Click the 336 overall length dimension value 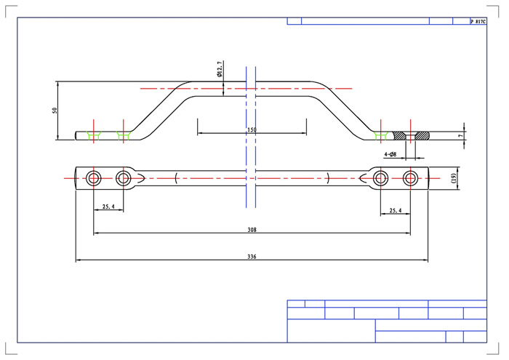(252, 257)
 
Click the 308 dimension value (252, 230)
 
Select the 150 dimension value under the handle (252, 130)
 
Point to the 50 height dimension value (55, 111)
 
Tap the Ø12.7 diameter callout (220, 69)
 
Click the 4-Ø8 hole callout (390, 154)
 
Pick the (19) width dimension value (453, 178)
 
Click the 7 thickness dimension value (460, 136)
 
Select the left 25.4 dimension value (108, 207)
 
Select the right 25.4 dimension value (395, 210)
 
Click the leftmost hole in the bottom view (94, 178)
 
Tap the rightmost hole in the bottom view (410, 178)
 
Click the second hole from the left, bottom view (124, 178)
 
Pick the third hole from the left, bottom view (380, 178)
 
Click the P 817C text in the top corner (478, 21)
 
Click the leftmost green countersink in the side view (94, 136)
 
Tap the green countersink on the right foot (380, 136)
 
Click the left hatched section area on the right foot (399, 136)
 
